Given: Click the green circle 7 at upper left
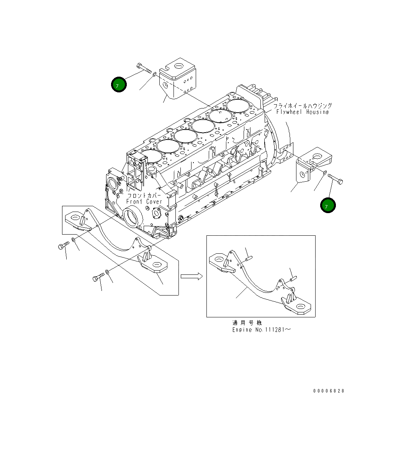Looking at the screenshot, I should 119,85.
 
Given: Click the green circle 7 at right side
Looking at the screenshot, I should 328,205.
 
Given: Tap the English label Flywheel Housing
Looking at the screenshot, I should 302,112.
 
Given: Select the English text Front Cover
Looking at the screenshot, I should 144,202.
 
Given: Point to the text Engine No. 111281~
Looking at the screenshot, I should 261,330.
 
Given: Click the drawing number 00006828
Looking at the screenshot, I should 329,391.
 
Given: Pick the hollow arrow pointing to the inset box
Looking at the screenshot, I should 191,276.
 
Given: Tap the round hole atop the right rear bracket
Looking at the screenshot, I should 318,156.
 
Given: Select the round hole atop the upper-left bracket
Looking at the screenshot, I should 178,65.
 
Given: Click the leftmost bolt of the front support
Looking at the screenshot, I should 63,246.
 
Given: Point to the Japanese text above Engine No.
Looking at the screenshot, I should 247,323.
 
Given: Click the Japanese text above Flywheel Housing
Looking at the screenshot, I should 303,105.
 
